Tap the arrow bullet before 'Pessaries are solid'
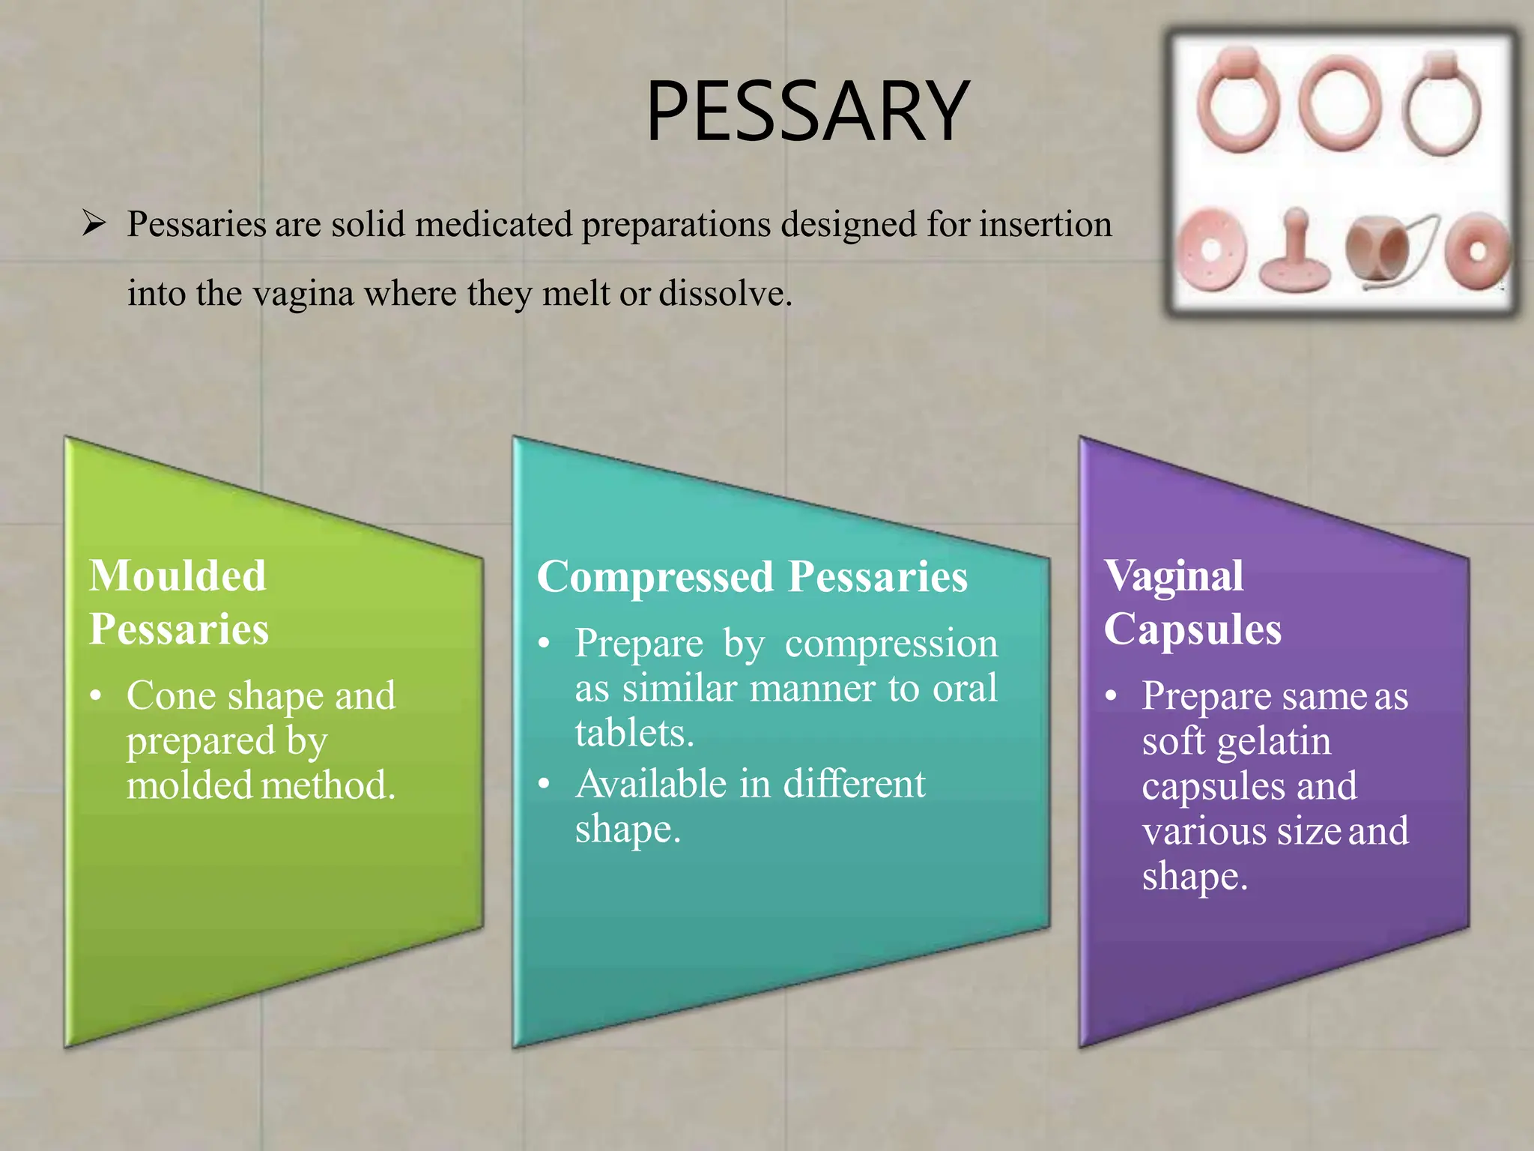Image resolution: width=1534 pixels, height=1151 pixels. (94, 223)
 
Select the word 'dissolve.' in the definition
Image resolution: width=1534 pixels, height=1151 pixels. (725, 293)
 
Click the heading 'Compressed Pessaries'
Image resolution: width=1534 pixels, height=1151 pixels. (752, 577)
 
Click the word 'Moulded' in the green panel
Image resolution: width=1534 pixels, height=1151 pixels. (178, 576)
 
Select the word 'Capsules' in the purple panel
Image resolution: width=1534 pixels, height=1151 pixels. (1192, 629)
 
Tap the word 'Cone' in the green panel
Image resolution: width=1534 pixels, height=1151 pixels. (171, 695)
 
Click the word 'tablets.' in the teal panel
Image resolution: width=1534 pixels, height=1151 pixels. (634, 732)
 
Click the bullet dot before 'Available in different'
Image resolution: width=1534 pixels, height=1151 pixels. (545, 784)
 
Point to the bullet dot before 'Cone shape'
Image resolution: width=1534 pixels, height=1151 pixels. (95, 696)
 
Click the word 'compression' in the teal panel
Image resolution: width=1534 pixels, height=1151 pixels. (891, 643)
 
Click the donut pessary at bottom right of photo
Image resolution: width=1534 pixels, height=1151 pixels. (1476, 251)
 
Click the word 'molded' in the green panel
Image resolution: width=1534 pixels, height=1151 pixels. (190, 785)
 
